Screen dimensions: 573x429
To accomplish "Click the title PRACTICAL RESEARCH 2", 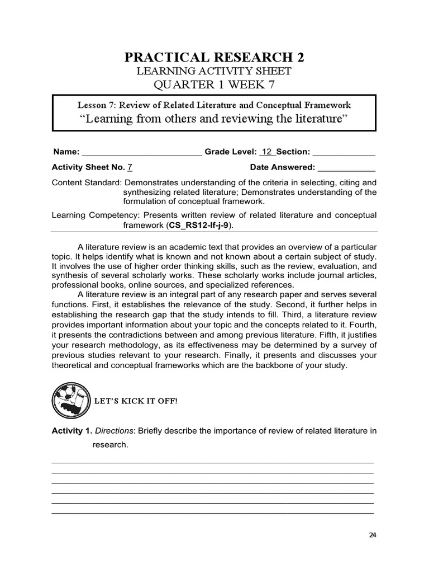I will pos(214,58).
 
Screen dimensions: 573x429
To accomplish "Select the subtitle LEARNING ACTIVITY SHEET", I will pos(214,71).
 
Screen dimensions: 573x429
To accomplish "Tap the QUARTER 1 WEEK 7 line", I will pos(214,84).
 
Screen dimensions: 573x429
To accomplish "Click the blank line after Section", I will pos(344,152).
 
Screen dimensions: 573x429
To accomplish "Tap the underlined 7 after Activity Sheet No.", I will pos(130,167).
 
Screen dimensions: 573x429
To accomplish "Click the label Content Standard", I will pos(86,182).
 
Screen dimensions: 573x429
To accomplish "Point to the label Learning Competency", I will pos(89,215).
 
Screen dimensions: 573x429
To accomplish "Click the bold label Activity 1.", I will pos(71,431).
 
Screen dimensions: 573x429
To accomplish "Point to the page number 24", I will pos(373,534).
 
